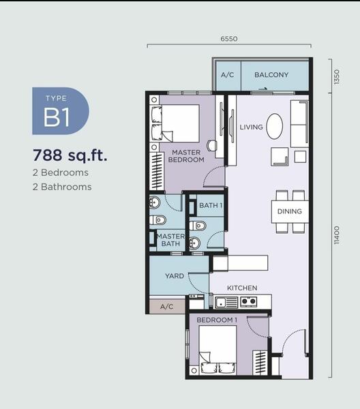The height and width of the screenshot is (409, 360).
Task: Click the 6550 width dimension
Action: coord(229,39)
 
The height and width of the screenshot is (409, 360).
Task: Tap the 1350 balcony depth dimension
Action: coord(337,76)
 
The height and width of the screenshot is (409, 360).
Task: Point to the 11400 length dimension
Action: coord(337,235)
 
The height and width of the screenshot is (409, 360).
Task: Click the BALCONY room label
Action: coord(271,75)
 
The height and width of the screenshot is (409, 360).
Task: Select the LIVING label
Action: coord(251,127)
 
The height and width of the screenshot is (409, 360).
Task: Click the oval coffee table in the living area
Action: coord(275,126)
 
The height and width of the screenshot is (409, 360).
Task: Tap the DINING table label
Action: coord(290,211)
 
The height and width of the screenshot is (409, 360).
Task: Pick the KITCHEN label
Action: coord(242,288)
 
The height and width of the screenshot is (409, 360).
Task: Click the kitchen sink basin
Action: coord(221,303)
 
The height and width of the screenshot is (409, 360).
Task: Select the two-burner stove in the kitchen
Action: coord(248,302)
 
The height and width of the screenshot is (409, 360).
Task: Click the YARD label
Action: coord(175,275)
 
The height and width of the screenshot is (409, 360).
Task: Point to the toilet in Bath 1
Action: coord(198,226)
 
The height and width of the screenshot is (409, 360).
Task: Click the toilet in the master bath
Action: coord(157,220)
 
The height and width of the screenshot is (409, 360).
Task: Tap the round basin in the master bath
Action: coord(155,202)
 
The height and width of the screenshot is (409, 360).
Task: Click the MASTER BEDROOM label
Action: coord(186,156)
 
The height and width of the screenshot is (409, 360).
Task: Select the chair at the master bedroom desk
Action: coord(212,146)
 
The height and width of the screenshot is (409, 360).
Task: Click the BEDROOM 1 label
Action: coord(217,320)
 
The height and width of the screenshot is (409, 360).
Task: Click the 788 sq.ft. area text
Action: coord(70,155)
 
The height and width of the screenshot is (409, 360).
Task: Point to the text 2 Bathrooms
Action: coord(62,187)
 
